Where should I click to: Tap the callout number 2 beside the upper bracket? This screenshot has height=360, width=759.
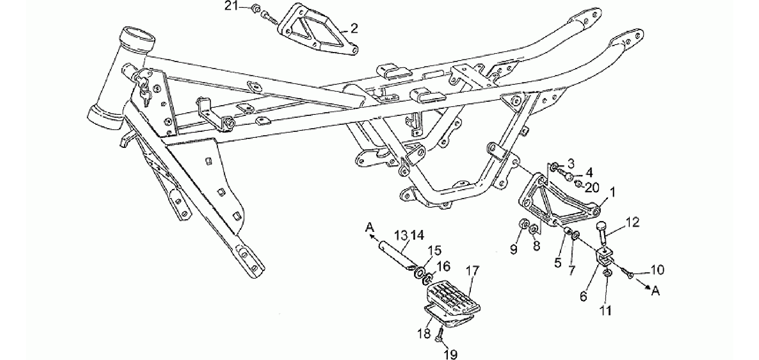click(x=354, y=28)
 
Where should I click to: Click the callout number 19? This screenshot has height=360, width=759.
click(x=451, y=354)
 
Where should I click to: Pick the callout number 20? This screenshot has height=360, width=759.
click(x=592, y=187)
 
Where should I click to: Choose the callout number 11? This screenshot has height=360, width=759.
click(x=606, y=311)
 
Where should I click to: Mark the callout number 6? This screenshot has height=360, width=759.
click(x=583, y=296)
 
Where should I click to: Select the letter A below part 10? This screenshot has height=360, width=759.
click(x=656, y=291)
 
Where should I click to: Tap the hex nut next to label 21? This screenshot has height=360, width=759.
click(x=255, y=9)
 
